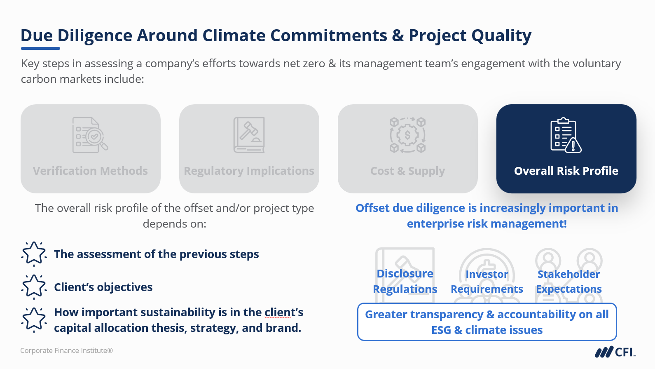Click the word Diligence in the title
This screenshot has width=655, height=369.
point(95,36)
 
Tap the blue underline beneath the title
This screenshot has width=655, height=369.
point(40,49)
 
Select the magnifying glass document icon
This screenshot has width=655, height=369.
point(90,135)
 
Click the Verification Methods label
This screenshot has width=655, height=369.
point(90,171)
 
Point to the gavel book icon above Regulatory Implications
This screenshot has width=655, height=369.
point(249,135)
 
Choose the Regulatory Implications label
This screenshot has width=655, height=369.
point(249,171)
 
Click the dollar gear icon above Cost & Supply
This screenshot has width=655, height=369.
point(407,135)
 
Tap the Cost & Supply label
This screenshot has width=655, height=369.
point(407,171)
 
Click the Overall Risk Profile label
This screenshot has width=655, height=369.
point(566,171)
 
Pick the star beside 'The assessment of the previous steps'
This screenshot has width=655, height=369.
point(34,254)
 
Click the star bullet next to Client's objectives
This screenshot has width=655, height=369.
point(34,287)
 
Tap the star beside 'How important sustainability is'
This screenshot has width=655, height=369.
point(34,320)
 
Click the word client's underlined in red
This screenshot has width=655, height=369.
point(284,313)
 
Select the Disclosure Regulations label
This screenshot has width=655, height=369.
point(405,281)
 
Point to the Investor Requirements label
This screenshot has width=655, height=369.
point(487,282)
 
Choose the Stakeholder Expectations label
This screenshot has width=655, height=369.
point(569,282)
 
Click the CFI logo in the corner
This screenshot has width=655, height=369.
point(615,352)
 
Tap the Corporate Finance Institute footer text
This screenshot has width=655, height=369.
point(67,350)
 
